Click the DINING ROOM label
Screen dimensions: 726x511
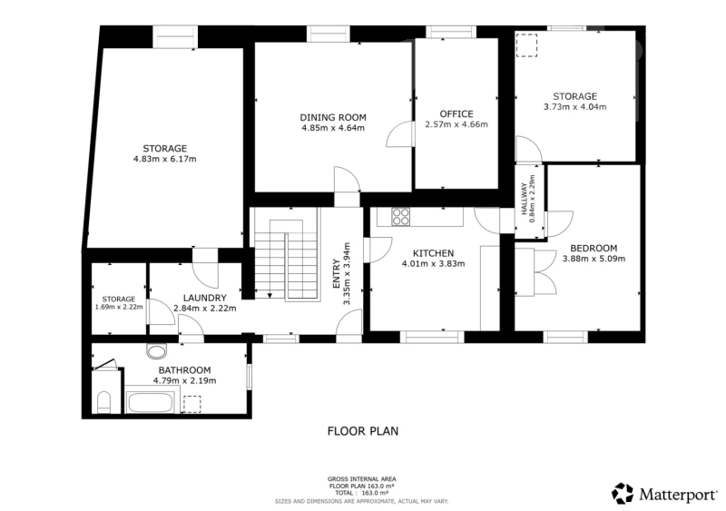pos(333,118)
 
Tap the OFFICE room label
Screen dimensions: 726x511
pos(456,114)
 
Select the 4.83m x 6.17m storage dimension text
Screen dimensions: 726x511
pos(165,160)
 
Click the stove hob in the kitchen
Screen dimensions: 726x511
pos(401,216)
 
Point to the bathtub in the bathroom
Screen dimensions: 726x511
pos(151,402)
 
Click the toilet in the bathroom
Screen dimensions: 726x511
pos(104,402)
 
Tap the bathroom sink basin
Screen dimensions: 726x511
pos(156,350)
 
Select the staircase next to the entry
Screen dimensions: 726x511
pos(285,254)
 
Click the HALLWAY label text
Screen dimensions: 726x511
pos(525,199)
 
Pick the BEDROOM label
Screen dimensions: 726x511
pos(594,249)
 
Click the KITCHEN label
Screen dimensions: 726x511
pos(434,253)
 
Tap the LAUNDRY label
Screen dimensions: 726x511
pos(205,298)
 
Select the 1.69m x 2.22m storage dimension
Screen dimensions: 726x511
pos(119,307)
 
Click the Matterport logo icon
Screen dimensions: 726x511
pos(623,494)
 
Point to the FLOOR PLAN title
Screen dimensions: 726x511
pos(363,431)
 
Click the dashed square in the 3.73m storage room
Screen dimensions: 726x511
pos(527,45)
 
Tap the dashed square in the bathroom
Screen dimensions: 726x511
pos(192,404)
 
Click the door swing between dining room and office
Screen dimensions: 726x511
pos(399,134)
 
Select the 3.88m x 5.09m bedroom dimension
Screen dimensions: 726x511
pos(594,259)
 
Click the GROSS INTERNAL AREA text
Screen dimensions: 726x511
pos(362,479)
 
